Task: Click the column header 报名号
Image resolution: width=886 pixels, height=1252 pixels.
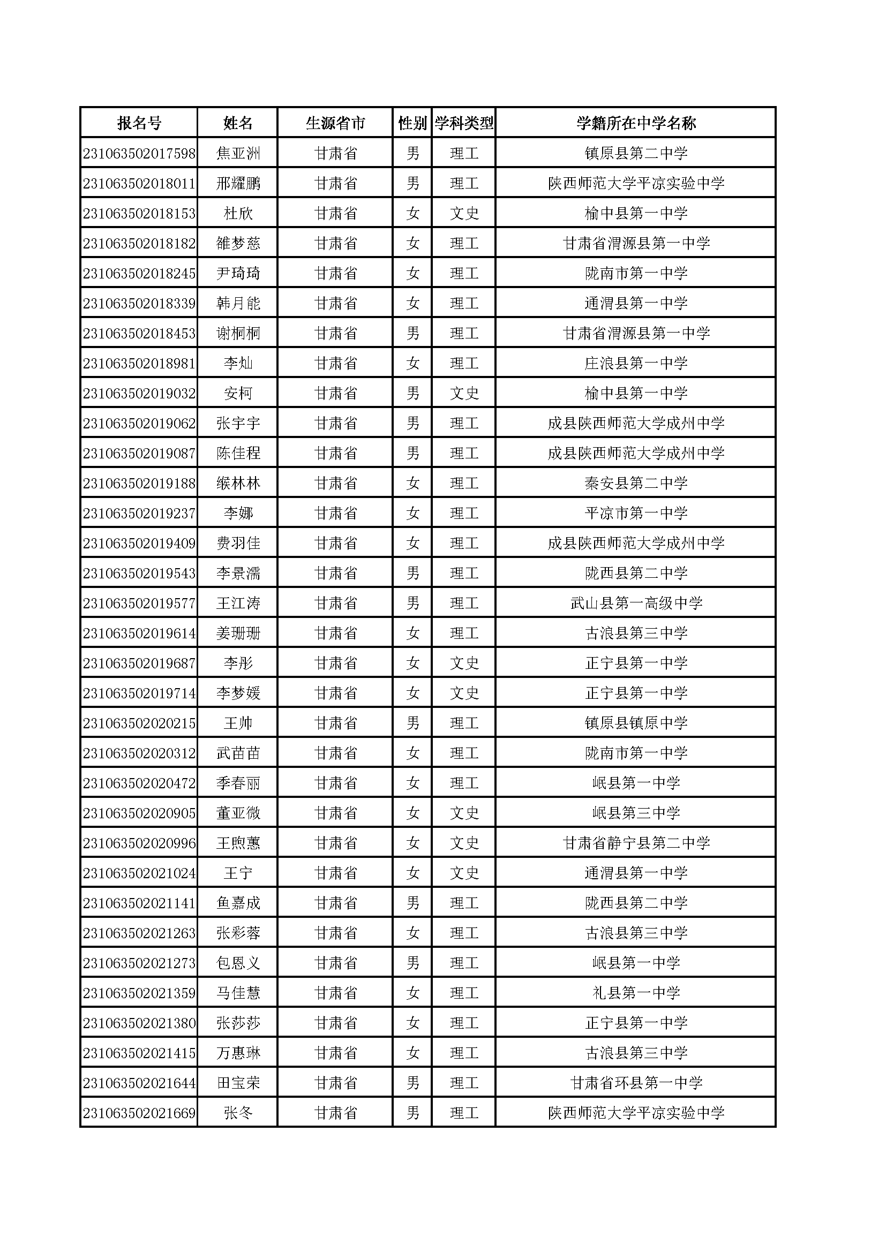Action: pos(139,123)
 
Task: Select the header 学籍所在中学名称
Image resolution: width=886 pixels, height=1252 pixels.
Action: pos(636,123)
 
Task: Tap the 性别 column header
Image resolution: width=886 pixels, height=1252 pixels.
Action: pos(412,123)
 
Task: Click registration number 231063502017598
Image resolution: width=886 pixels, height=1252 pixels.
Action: pos(139,153)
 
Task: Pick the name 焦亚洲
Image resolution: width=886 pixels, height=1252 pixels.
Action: pos(238,153)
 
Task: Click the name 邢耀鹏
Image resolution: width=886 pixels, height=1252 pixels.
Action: pos(238,183)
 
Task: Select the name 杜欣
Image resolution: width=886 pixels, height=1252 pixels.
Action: pos(238,213)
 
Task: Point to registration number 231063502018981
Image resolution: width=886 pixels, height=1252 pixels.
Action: pos(139,363)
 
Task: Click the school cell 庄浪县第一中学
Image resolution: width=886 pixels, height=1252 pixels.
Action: pos(636,363)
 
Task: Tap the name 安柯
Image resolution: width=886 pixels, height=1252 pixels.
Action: pos(238,393)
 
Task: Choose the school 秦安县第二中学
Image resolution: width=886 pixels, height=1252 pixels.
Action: pos(636,483)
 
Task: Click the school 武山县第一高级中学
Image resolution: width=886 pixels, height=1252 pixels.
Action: pos(636,603)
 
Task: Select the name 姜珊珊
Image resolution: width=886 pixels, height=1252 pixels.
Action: pos(238,633)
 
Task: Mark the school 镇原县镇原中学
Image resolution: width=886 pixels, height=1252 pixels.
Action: pos(636,723)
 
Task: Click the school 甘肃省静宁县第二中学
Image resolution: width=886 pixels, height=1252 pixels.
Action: pos(636,843)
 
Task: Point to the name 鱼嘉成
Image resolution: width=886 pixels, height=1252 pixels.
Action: pos(238,903)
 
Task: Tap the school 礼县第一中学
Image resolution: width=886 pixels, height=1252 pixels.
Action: pos(636,993)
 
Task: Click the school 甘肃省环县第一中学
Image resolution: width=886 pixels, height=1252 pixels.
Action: pos(636,1083)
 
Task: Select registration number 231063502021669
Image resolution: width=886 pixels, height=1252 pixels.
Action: pos(139,1113)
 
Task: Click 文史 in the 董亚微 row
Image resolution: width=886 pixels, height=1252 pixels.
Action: pos(464,813)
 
